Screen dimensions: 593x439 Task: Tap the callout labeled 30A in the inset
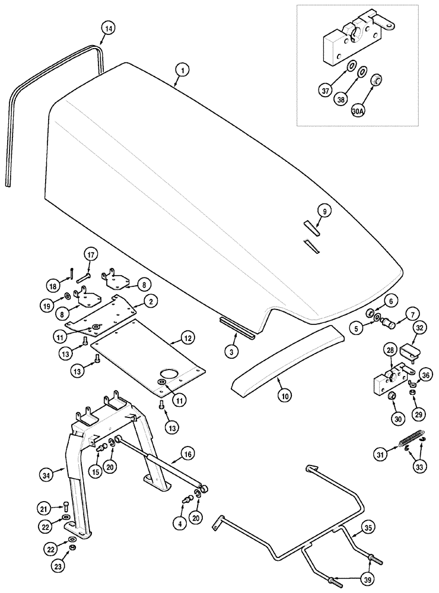click(374, 110)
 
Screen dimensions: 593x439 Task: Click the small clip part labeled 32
click(408, 352)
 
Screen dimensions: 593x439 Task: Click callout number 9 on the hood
click(324, 210)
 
